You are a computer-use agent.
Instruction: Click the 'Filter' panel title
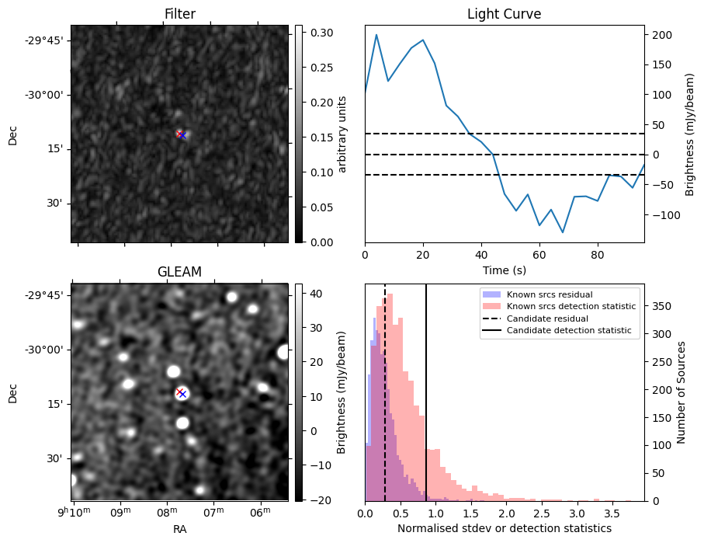(x=179, y=14)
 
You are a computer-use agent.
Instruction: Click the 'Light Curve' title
(x=504, y=14)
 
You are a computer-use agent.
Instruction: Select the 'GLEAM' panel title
(x=179, y=272)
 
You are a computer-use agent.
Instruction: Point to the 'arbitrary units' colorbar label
(x=342, y=134)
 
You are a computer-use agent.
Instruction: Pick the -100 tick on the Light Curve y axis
(x=662, y=215)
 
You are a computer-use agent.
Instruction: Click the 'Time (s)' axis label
(x=504, y=269)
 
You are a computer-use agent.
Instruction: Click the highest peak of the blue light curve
(x=376, y=34)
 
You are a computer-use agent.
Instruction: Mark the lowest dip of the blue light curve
(x=563, y=232)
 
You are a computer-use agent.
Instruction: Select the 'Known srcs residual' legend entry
(x=549, y=294)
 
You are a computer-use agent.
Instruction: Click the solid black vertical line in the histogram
(x=426, y=388)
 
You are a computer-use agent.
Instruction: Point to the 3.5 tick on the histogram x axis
(x=612, y=513)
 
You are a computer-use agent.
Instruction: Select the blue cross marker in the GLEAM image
(x=182, y=394)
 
